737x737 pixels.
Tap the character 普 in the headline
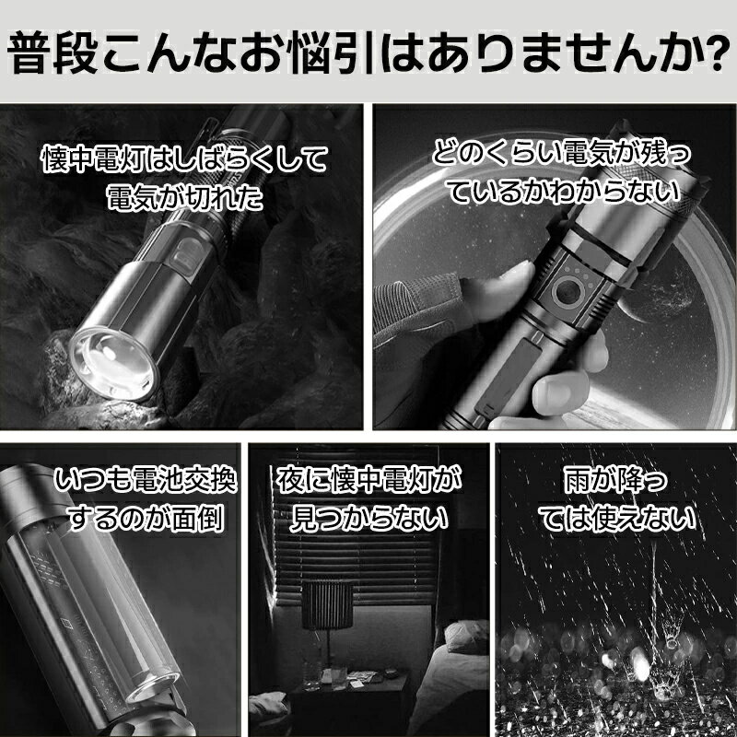(29, 52)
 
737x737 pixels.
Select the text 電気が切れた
(184, 197)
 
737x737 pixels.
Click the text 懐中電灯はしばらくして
(184, 158)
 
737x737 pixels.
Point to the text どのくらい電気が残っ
(562, 153)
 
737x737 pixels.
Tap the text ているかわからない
(564, 192)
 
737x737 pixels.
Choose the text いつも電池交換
(146, 480)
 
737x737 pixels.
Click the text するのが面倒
(146, 519)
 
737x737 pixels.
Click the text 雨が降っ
(615, 480)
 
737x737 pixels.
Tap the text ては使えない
(616, 519)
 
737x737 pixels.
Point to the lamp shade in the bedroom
(327, 604)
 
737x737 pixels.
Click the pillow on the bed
(466, 636)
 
